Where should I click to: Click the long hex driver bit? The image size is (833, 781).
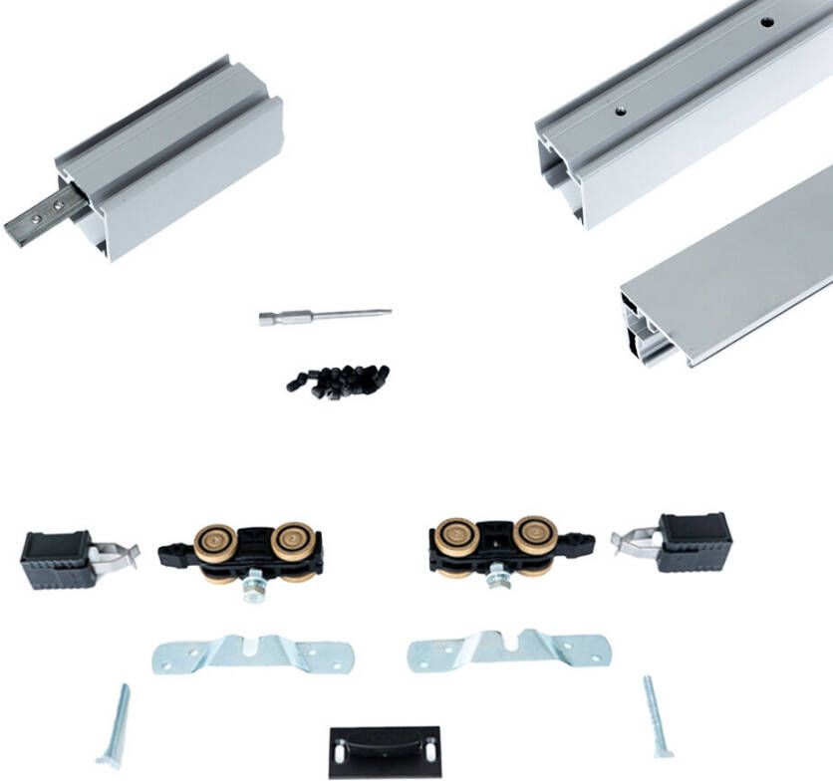324,316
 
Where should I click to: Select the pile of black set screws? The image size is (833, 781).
339,380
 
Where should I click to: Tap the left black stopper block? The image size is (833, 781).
56,562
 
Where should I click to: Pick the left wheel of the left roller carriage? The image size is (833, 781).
215,544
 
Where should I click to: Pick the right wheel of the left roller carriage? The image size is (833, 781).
293,542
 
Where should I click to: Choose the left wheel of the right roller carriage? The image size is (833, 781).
457,537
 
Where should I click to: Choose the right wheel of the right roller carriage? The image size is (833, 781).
535,535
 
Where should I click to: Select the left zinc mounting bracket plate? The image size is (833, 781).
253,653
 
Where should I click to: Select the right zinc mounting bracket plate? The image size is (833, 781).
509,649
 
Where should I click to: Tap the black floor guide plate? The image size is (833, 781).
385,751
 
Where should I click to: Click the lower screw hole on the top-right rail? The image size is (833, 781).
620,112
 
